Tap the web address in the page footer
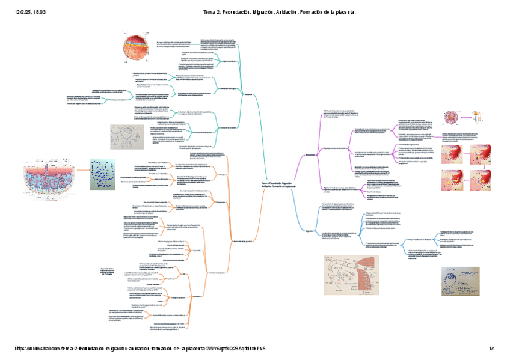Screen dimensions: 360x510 tap(138, 349)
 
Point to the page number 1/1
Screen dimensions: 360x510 tap(491, 349)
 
